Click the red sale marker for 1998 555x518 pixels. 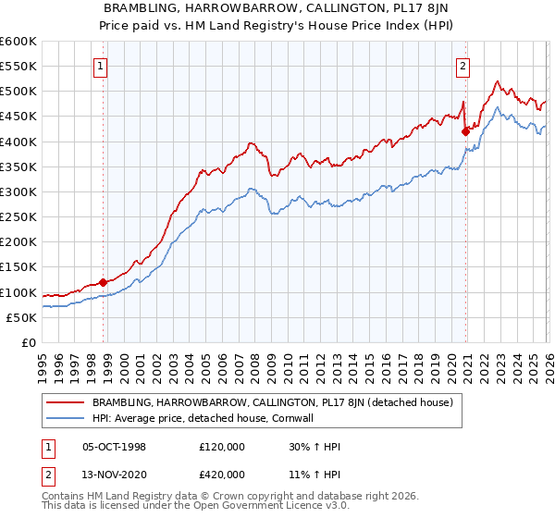(x=103, y=282)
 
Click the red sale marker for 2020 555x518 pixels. (x=465, y=131)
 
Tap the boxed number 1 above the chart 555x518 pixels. (x=99, y=66)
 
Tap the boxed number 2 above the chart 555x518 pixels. (x=462, y=66)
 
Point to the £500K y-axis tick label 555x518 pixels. (x=18, y=92)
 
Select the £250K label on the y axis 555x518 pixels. (x=18, y=217)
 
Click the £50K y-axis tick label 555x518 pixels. (x=21, y=317)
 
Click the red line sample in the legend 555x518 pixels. (x=66, y=402)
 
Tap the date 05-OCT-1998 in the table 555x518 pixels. (x=115, y=447)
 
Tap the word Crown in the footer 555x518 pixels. (x=221, y=498)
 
